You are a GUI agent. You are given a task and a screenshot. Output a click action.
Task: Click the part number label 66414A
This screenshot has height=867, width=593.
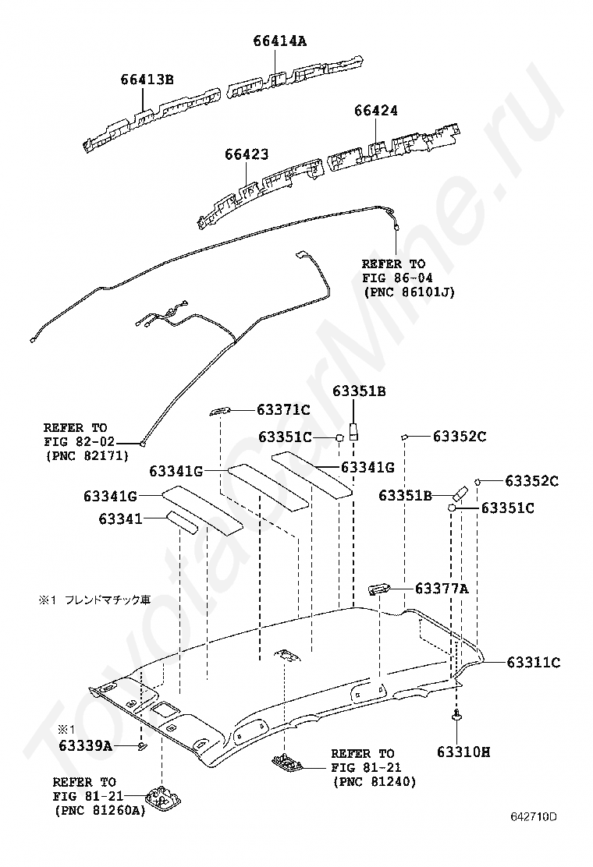tap(279, 41)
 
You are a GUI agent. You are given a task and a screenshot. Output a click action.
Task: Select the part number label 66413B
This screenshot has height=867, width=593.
tap(147, 79)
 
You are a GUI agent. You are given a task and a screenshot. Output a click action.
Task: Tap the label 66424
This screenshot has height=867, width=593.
tap(375, 111)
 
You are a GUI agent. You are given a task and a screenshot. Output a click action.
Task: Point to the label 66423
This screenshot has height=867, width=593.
tap(247, 155)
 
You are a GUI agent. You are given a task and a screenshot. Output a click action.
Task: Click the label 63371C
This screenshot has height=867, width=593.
tap(284, 409)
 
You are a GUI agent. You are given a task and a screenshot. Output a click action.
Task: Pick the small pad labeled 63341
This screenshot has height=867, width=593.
tap(179, 522)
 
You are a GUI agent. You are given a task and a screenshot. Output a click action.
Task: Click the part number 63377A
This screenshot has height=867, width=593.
tap(442, 589)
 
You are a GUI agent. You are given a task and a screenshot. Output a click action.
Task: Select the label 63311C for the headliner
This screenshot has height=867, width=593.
tap(534, 663)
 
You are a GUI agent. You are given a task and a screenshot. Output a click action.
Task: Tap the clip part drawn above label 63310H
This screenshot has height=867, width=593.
tap(456, 715)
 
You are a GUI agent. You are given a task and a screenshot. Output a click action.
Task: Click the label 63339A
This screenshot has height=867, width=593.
tap(86, 746)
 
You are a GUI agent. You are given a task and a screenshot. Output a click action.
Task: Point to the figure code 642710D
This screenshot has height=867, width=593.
tap(534, 817)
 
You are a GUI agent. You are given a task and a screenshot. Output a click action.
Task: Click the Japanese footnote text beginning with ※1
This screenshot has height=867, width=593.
tap(94, 600)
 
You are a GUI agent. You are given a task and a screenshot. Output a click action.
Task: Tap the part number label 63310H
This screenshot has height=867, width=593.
tap(463, 752)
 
